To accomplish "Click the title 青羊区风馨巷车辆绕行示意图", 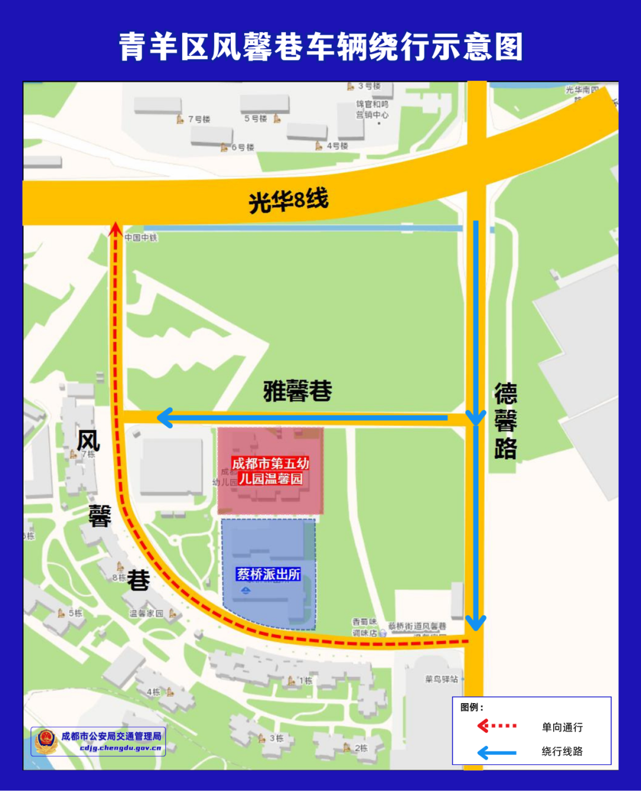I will coord(320,46).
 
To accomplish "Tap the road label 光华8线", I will coord(288,201).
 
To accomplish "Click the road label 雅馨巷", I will coord(297,391).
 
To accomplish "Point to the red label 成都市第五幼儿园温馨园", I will coord(271,471).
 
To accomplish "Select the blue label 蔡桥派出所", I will coord(268,574).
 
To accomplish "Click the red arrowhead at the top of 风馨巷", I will coord(116,229).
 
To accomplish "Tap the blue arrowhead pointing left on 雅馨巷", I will coord(164,417).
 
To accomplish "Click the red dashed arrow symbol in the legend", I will coord(497,726).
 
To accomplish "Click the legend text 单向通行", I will coord(562,727).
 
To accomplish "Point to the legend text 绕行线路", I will coord(562,751).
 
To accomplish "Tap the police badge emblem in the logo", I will coord(46,741).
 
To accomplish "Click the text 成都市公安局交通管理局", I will coord(111,736).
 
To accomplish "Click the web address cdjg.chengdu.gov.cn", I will coord(120,748).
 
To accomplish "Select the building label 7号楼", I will coord(199,119).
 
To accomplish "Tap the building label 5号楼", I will coord(256,119).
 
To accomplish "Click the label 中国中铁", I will coord(141,238).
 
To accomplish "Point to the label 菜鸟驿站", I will coord(442,679).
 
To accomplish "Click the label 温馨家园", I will coord(146,613).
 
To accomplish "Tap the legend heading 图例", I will coord(471,707).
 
